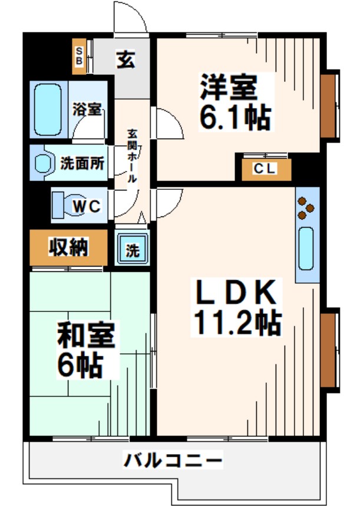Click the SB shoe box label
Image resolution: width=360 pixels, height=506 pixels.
79,56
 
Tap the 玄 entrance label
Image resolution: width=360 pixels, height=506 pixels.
124,60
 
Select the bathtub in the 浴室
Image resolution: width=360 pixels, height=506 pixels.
47,110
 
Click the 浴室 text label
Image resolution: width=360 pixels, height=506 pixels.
88,110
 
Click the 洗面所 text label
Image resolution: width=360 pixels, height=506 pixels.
82,163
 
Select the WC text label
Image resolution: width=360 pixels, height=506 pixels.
87,206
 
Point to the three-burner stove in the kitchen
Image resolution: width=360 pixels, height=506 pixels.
306,206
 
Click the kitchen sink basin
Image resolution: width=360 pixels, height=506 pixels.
307,248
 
